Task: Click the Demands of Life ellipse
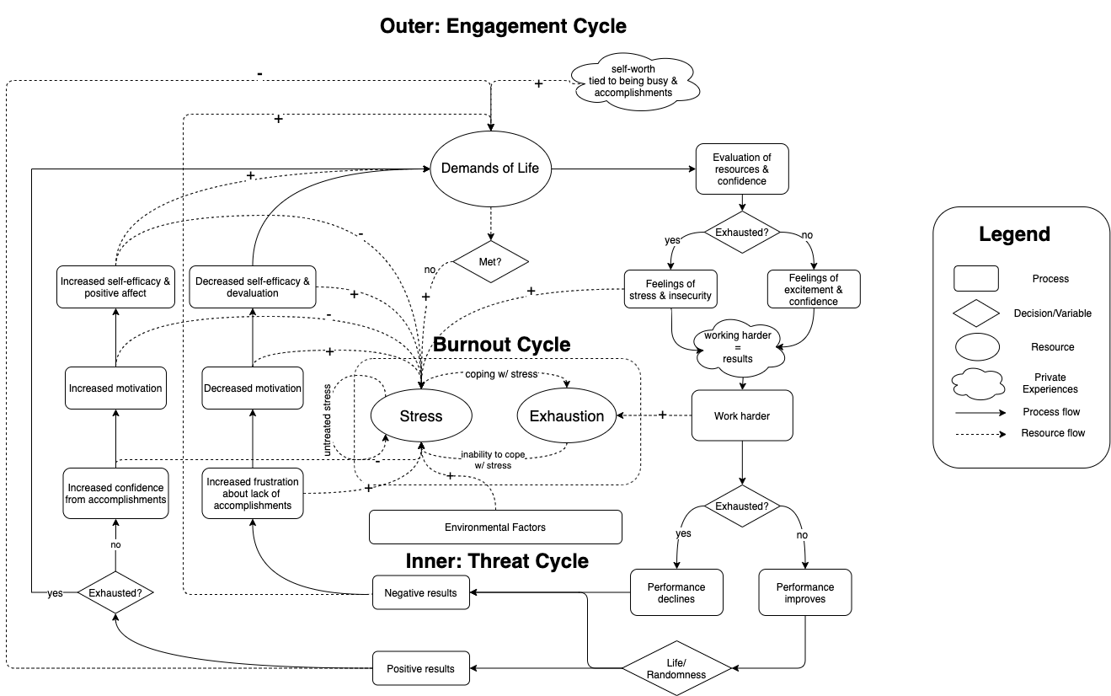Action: (x=490, y=169)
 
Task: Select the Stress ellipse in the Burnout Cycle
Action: (x=420, y=416)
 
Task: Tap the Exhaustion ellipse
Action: (x=566, y=416)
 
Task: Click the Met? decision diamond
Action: (x=490, y=262)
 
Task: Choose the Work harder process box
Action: (x=742, y=415)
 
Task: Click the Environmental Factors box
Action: (x=495, y=527)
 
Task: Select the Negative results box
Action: (x=420, y=592)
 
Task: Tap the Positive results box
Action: (x=420, y=669)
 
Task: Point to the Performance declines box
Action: (x=676, y=592)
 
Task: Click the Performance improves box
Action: (x=805, y=592)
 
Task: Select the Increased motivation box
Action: (x=115, y=388)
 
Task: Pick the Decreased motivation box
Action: (x=253, y=388)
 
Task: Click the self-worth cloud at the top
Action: (x=637, y=81)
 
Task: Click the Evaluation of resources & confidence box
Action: (x=741, y=169)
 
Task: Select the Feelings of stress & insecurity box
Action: (x=670, y=289)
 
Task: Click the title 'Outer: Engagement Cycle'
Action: (x=503, y=26)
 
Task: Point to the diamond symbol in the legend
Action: (x=975, y=313)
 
